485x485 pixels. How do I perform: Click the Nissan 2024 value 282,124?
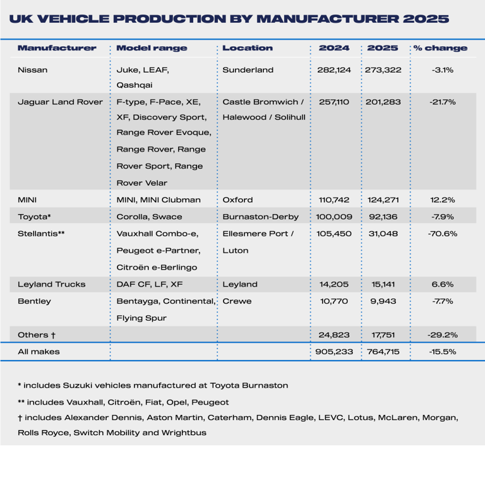pos(334,70)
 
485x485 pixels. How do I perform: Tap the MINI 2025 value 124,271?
pos(384,200)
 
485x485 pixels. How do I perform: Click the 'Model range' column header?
pos(152,48)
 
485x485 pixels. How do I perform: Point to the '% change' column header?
pos(441,48)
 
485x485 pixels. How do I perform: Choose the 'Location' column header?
pos(248,48)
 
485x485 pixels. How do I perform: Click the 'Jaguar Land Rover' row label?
pos(60,102)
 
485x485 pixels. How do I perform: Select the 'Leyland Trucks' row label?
pos(51,284)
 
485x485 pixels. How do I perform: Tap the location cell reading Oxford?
pos(237,200)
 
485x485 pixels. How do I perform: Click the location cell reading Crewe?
pos(237,301)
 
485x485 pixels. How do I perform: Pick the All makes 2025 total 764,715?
pos(384,352)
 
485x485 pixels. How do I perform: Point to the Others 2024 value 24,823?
pos(334,335)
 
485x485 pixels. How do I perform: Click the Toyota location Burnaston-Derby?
pos(260,217)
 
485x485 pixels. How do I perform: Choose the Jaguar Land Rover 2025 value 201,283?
pos(384,102)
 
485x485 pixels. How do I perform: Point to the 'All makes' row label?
pos(39,352)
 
